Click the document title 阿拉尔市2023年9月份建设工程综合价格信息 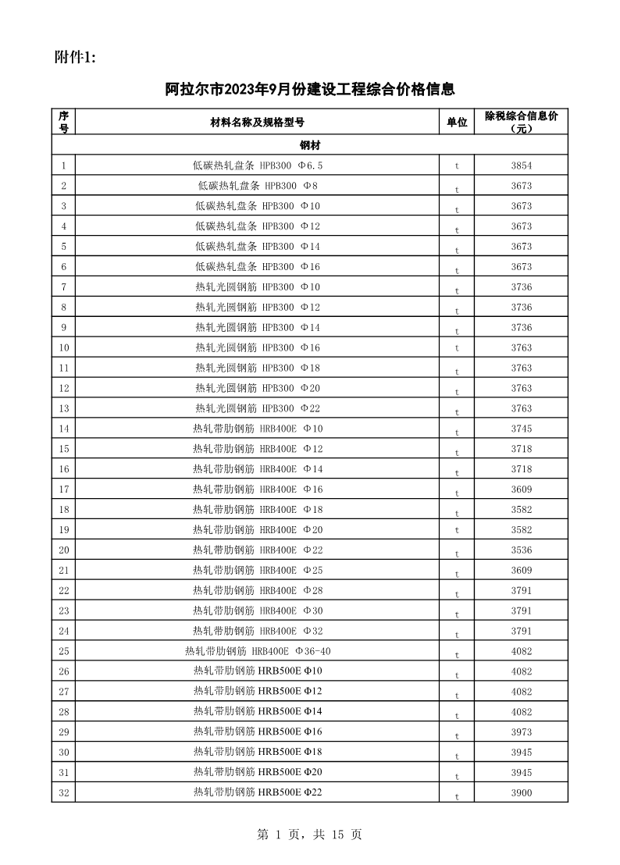[x=310, y=89]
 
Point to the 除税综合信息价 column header [x=521, y=122]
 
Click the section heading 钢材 [x=310, y=146]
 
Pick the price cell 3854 [x=521, y=166]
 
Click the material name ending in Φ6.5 [x=257, y=166]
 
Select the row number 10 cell [x=64, y=347]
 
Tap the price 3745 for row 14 [x=521, y=429]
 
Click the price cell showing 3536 [x=521, y=550]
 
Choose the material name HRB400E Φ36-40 [x=257, y=651]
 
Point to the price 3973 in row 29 [x=521, y=732]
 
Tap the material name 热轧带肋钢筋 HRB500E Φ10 [x=257, y=671]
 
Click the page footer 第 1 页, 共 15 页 [x=310, y=835]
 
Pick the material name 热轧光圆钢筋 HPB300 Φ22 [x=257, y=408]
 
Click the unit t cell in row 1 [x=457, y=166]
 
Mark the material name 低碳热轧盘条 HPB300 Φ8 [x=257, y=186]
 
